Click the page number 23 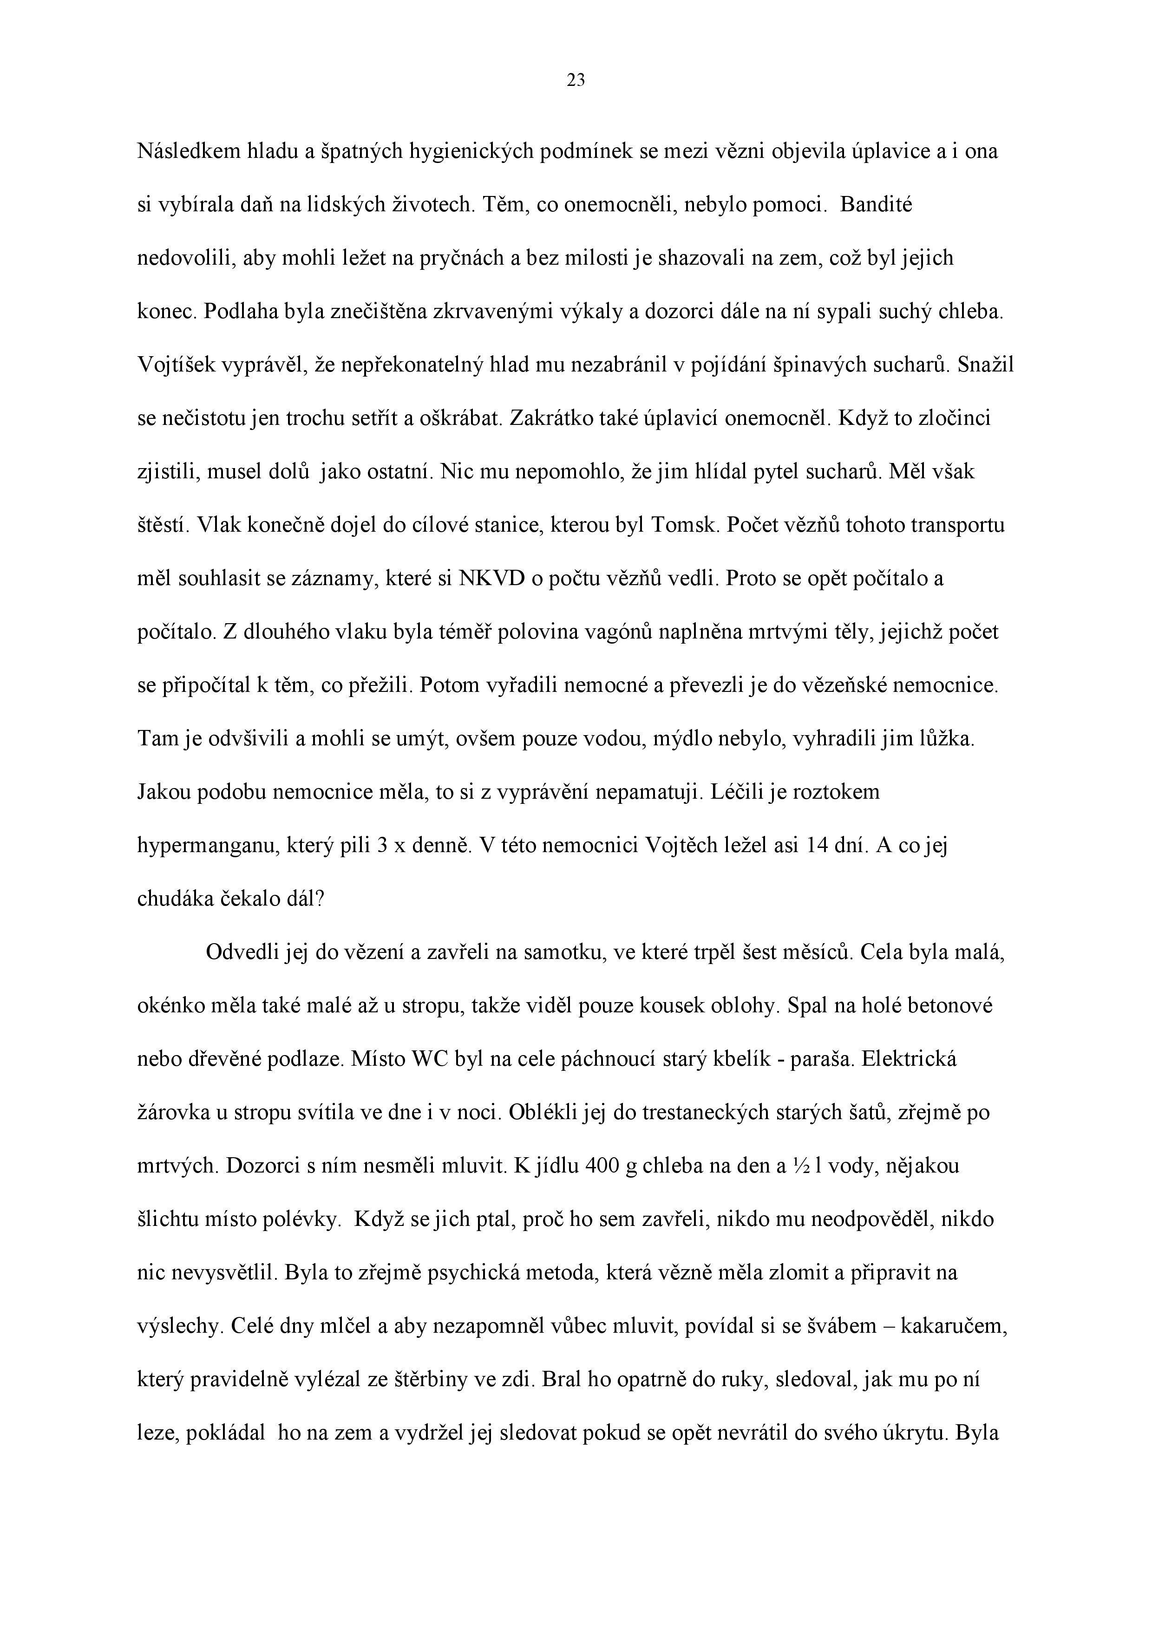click(576, 81)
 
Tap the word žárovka click(173, 1113)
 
